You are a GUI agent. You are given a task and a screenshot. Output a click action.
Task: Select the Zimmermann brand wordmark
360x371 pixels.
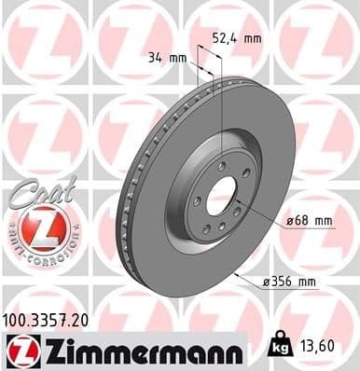click(x=137, y=350)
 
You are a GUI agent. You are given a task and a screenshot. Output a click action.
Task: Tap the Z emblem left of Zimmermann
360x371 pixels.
click(x=21, y=350)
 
